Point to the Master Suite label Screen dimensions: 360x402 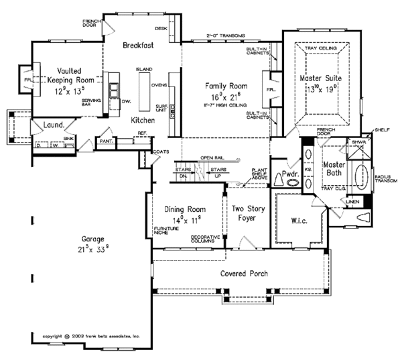pyautogui.click(x=320, y=79)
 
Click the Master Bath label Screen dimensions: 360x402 pyautogui.click(x=334, y=170)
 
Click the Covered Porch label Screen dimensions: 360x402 pyautogui.click(x=242, y=275)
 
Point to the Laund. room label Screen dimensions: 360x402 pyautogui.click(x=54, y=125)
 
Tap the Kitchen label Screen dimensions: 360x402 pyautogui.click(x=143, y=120)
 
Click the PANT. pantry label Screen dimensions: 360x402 pyautogui.click(x=105, y=141)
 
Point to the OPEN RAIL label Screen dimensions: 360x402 pyautogui.click(x=210, y=158)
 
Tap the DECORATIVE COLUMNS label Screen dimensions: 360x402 pyautogui.click(x=206, y=240)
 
